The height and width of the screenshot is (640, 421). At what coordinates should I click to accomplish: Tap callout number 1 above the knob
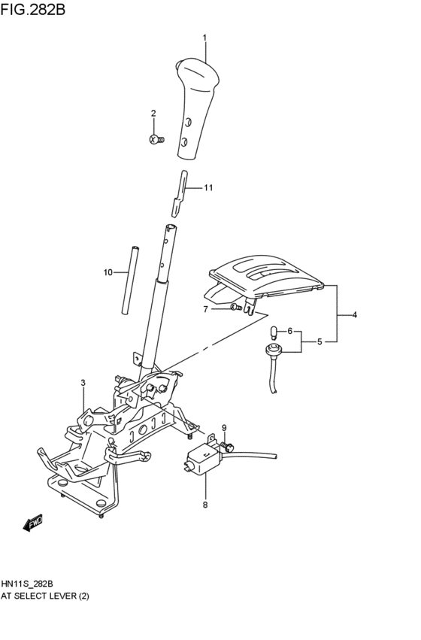204,37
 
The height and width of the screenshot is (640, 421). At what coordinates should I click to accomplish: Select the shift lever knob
196,105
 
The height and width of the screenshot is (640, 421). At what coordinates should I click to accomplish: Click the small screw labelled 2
156,139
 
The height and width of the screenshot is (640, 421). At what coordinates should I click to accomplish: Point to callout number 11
209,188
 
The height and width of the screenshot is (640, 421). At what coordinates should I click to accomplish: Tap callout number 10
108,271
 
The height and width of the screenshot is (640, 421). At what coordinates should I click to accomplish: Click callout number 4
354,314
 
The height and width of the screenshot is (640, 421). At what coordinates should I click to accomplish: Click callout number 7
204,308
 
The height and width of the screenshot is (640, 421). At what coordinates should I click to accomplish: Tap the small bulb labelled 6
275,331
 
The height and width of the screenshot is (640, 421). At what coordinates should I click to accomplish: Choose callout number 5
319,342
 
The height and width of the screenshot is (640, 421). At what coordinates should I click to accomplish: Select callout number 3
83,383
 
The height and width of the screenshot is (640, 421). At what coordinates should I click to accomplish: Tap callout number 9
224,428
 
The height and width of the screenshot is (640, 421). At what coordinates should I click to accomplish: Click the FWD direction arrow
33,522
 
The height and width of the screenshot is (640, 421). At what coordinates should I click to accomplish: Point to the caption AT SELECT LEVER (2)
46,595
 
